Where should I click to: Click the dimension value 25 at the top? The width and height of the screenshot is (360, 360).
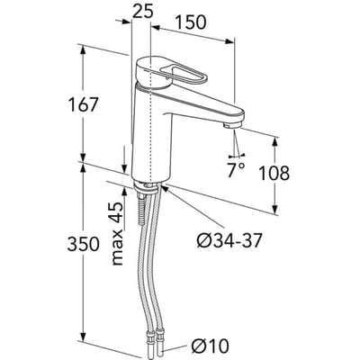pos(143,12)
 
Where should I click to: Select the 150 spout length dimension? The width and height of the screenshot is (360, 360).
pos(192,22)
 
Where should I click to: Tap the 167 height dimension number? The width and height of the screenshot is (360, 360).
pos(83,104)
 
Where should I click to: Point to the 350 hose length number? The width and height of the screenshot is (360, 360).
pos(83,244)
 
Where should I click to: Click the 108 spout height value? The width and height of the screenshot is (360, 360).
pos(274,173)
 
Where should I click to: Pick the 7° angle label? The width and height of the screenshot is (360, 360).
pos(236,170)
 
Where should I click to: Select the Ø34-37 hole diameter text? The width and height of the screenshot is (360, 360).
pos(229,240)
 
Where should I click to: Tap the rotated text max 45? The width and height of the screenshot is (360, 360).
pos(117,233)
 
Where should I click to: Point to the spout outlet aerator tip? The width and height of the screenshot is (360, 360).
pos(231,126)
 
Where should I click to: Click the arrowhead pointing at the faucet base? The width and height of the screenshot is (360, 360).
pos(165,188)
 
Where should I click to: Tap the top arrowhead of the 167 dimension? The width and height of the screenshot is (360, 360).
pos(84,51)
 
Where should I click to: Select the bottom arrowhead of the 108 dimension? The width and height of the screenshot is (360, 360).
pos(275,208)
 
